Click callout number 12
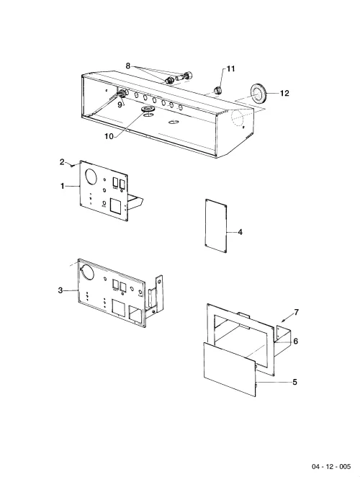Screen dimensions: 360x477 click(x=284, y=93)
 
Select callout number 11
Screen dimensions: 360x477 click(x=231, y=68)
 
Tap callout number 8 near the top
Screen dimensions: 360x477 click(x=127, y=66)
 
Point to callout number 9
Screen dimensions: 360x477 click(x=120, y=104)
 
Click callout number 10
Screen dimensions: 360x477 click(x=109, y=136)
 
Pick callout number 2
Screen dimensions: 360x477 click(x=62, y=162)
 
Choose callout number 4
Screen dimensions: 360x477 click(x=240, y=232)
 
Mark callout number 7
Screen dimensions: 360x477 click(x=297, y=313)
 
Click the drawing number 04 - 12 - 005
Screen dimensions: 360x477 click(x=331, y=466)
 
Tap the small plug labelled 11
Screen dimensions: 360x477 click(x=217, y=90)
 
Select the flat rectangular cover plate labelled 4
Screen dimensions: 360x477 click(x=216, y=226)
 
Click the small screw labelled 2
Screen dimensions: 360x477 click(x=72, y=166)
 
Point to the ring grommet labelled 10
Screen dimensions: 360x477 click(x=148, y=109)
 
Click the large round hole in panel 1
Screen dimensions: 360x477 click(x=91, y=176)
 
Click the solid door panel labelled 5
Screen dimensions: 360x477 click(x=230, y=369)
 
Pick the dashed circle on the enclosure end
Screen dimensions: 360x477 click(x=240, y=118)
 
